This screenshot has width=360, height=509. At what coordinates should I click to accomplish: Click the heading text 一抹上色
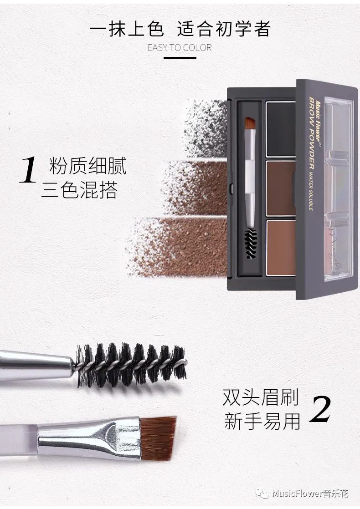click(x=126, y=29)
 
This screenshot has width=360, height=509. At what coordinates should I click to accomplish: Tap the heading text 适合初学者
click(x=224, y=29)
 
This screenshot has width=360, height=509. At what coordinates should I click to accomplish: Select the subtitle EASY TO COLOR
click(x=180, y=48)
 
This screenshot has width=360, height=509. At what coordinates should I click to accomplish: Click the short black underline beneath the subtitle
click(x=180, y=58)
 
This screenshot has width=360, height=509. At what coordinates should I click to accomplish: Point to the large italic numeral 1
click(x=28, y=170)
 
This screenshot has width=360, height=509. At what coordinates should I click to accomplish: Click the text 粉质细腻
click(x=88, y=166)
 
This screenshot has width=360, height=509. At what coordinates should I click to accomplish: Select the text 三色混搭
click(x=79, y=190)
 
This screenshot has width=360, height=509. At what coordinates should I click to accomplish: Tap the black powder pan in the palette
click(x=281, y=129)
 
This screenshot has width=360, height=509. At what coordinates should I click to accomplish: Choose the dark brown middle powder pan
click(x=281, y=188)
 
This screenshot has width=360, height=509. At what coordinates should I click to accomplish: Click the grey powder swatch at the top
click(x=206, y=129)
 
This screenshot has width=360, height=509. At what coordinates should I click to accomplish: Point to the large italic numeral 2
click(x=320, y=409)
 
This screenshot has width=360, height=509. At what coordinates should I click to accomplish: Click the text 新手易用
click(x=262, y=421)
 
